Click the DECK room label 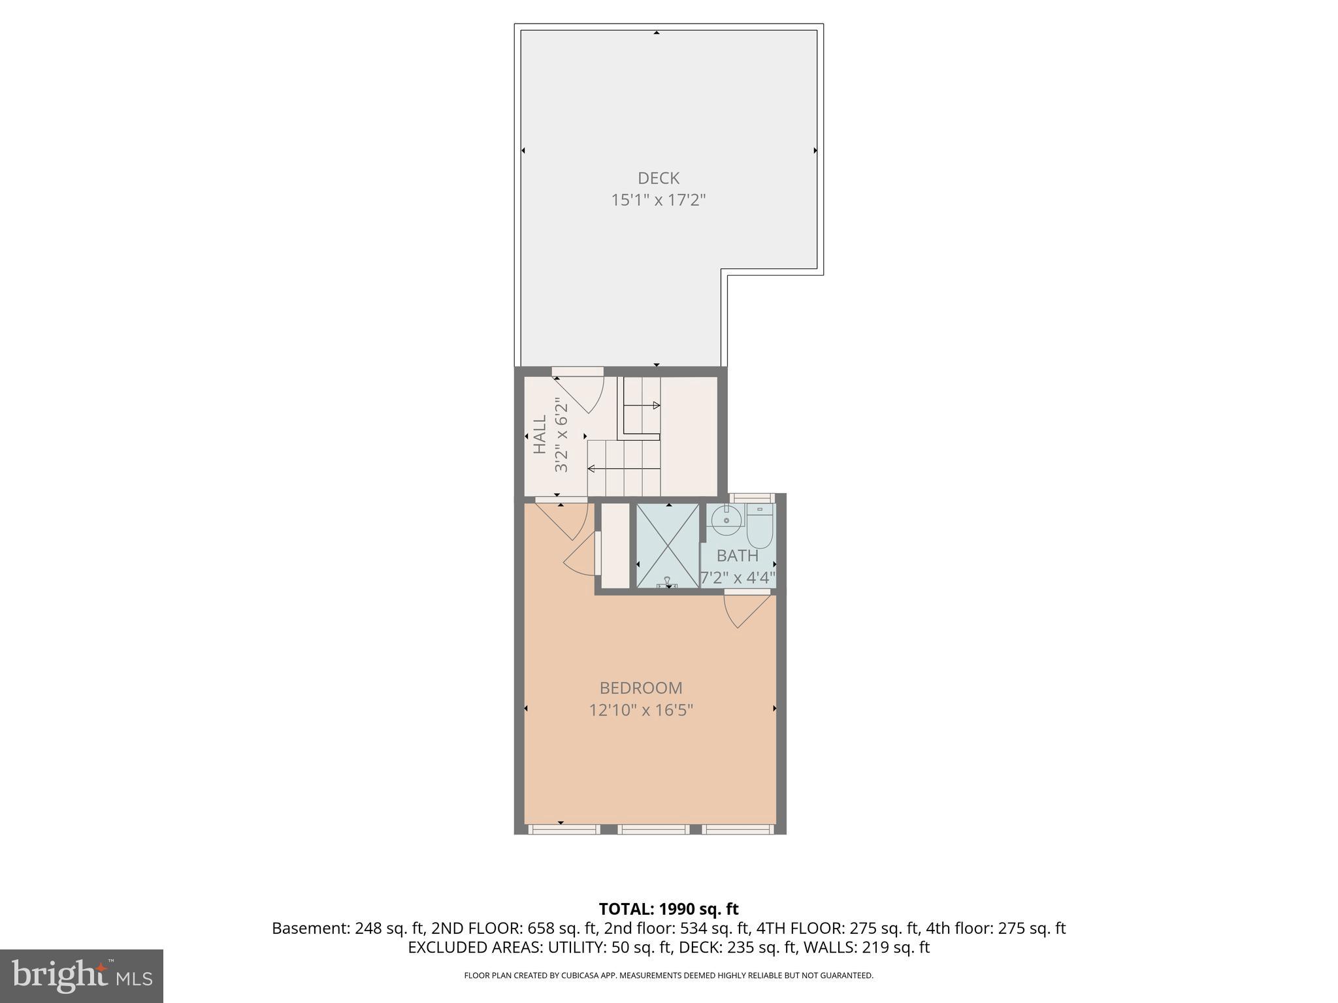click(x=658, y=178)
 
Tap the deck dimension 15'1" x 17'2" click(x=658, y=200)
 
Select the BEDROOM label click(x=641, y=688)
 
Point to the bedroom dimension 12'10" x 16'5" click(x=641, y=710)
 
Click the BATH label click(x=738, y=556)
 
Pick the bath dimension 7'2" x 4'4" click(x=738, y=578)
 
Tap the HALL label click(x=540, y=435)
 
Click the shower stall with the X click(x=668, y=545)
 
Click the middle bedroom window click(x=653, y=829)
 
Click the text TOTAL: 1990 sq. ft click(x=668, y=909)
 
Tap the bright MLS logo click(x=82, y=976)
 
